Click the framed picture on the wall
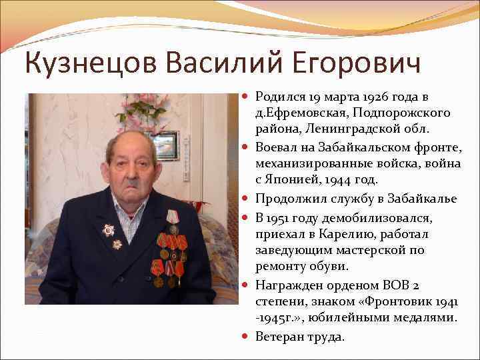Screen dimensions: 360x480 click(166, 145)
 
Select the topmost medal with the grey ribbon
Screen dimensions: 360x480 click(173, 221)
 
